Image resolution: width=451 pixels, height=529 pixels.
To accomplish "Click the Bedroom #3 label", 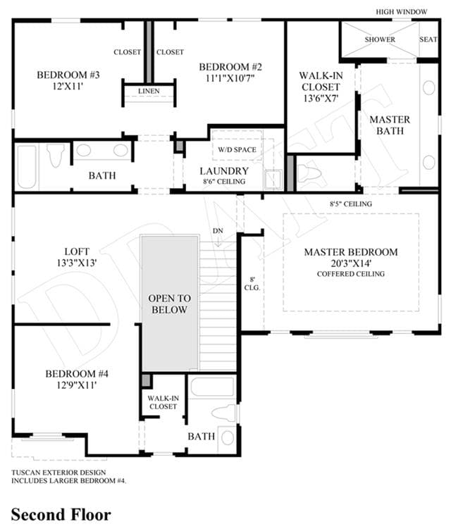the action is click(x=68, y=75).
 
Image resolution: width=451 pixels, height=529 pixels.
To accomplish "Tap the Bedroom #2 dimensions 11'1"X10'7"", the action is click(x=230, y=78).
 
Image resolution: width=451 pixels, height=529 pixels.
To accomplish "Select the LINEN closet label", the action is click(x=149, y=91).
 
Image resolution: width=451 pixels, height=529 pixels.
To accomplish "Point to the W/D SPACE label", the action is click(x=237, y=149).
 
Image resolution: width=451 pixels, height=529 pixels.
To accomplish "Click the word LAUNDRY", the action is click(x=224, y=171).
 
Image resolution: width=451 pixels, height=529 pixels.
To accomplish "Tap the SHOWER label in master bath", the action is click(x=380, y=39).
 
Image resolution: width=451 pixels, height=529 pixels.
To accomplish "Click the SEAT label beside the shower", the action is click(x=428, y=39).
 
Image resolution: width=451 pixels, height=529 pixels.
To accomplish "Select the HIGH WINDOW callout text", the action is click(x=402, y=12).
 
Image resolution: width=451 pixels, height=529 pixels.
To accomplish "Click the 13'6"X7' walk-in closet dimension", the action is click(x=321, y=98).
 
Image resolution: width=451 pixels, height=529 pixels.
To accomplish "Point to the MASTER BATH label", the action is click(x=390, y=125).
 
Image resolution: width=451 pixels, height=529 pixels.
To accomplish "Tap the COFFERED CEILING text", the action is click(x=351, y=274).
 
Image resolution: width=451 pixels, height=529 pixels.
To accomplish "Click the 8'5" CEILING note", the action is click(x=351, y=204).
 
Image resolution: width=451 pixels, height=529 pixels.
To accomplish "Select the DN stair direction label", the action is click(x=218, y=231).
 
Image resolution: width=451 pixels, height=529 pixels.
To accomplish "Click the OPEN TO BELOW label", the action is click(x=169, y=304).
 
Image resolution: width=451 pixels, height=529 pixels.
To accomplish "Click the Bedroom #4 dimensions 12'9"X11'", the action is click(x=77, y=385).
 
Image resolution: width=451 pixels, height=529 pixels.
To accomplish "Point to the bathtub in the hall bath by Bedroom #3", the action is click(x=27, y=167).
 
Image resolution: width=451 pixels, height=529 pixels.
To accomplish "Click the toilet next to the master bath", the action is click(x=309, y=172).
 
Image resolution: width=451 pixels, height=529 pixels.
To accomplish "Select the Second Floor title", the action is click(x=61, y=515).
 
